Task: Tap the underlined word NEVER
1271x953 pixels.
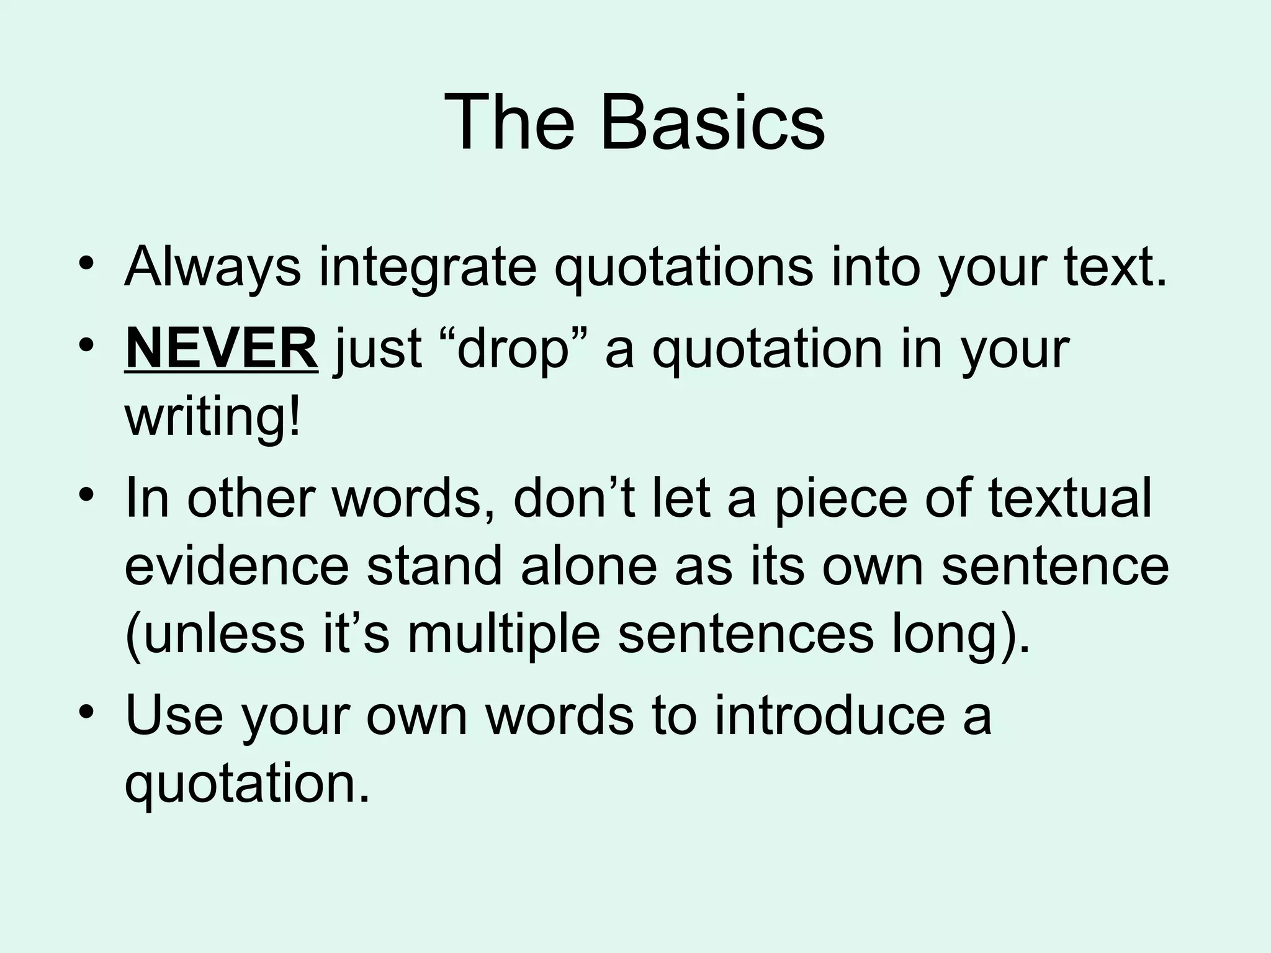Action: coord(222,349)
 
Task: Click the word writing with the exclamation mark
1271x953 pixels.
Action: coord(213,417)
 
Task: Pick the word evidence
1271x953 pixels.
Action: coord(236,566)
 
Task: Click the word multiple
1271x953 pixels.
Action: coord(503,634)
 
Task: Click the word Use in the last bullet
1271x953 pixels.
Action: coord(174,715)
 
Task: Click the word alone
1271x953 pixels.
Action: coord(588,566)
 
